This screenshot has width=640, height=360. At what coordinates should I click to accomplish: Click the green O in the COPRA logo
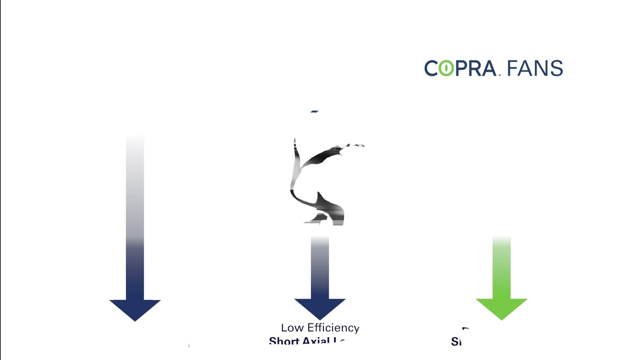(446, 68)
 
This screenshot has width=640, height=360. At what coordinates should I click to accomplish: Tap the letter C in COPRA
(431, 68)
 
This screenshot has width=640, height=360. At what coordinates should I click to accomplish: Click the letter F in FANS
(512, 68)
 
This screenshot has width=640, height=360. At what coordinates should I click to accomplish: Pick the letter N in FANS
(541, 68)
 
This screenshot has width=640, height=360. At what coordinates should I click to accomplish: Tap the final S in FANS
(556, 68)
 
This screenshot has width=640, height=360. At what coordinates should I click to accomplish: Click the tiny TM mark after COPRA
(498, 75)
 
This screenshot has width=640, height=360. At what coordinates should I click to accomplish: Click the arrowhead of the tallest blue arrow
(135, 309)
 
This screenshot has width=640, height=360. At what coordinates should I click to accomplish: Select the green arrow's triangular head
(501, 307)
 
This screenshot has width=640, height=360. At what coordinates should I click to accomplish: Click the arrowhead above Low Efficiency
(320, 307)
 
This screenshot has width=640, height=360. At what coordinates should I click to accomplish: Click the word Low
(291, 328)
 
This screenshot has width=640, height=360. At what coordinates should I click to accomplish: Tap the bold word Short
(284, 341)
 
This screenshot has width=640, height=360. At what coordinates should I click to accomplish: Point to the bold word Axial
(316, 341)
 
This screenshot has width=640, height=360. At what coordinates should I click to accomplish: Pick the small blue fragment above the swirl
(314, 111)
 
